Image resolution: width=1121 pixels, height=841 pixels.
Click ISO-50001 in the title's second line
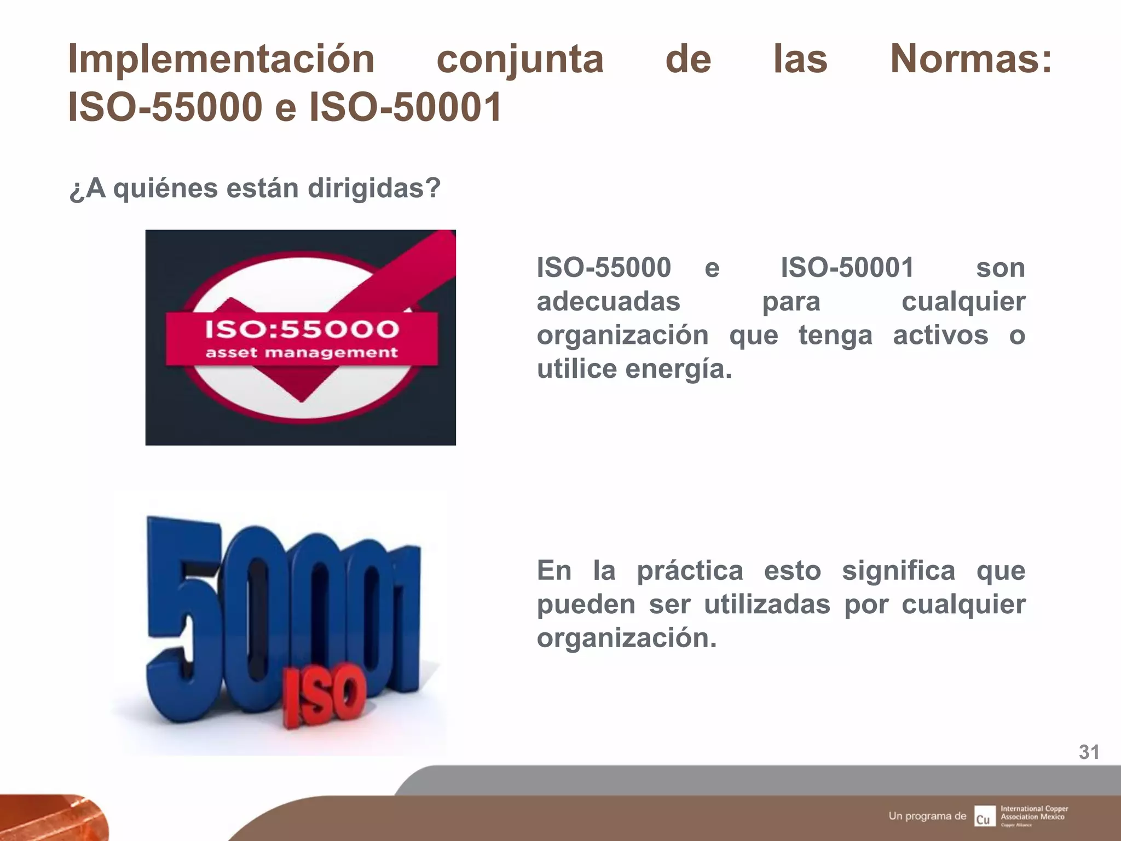(406, 107)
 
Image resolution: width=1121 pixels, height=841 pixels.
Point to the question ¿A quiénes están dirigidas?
(255, 188)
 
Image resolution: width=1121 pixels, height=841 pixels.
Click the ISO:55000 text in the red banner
(302, 329)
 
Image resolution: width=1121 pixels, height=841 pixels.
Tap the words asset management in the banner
(302, 353)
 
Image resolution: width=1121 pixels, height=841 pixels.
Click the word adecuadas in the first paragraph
(608, 302)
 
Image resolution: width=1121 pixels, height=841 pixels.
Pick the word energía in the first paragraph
(678, 369)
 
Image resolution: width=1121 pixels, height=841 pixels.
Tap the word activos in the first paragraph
(940, 335)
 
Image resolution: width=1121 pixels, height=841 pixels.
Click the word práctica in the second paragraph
(690, 571)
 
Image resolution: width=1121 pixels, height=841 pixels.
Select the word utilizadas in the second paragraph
(767, 604)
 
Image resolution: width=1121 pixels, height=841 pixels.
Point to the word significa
(898, 571)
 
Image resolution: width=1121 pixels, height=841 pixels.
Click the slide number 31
(1089, 752)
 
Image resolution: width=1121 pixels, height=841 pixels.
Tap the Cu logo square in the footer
(984, 816)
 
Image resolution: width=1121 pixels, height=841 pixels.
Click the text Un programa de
(927, 816)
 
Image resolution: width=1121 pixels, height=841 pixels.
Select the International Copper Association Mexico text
(1034, 813)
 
